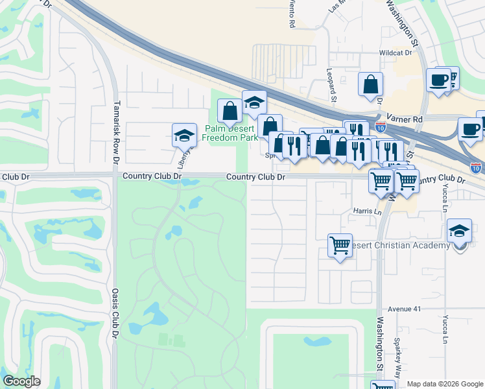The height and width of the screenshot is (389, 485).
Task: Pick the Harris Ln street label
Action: click(x=366, y=211)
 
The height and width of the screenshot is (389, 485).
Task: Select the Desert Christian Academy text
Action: click(x=398, y=245)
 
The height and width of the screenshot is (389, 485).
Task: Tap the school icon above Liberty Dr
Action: click(x=184, y=135)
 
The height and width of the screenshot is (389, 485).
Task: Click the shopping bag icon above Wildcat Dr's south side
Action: click(x=370, y=84)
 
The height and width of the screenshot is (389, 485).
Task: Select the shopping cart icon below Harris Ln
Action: click(x=340, y=246)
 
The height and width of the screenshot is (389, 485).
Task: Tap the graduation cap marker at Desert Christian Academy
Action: click(x=459, y=230)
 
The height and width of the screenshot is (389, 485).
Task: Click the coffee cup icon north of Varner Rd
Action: click(x=438, y=80)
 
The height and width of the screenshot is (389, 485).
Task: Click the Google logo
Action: click(x=21, y=381)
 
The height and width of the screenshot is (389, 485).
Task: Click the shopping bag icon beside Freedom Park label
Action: click(x=230, y=111)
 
